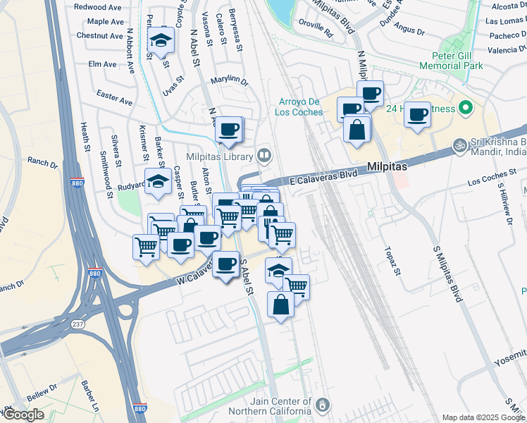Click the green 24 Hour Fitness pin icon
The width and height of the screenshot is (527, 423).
(x=464, y=109)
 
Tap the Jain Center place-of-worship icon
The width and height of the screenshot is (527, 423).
(x=322, y=405)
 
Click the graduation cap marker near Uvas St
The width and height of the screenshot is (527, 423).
(x=161, y=40)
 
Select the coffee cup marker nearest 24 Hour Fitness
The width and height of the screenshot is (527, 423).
(x=418, y=114)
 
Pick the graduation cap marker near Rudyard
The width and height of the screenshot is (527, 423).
(x=158, y=181)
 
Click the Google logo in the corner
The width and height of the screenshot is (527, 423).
(x=23, y=414)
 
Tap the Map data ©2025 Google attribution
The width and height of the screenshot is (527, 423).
(x=483, y=417)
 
